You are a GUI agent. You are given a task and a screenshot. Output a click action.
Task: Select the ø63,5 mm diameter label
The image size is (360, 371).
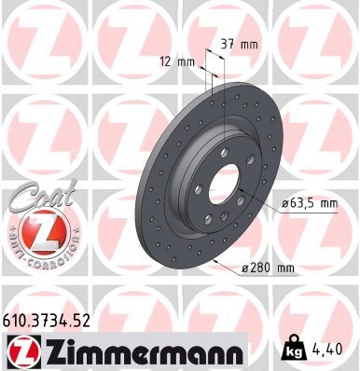305,202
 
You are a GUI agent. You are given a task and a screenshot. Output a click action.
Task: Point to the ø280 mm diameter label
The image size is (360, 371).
268,269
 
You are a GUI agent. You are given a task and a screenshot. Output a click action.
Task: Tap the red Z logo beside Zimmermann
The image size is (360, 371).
22,352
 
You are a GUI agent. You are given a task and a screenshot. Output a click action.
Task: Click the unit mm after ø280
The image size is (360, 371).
285,269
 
